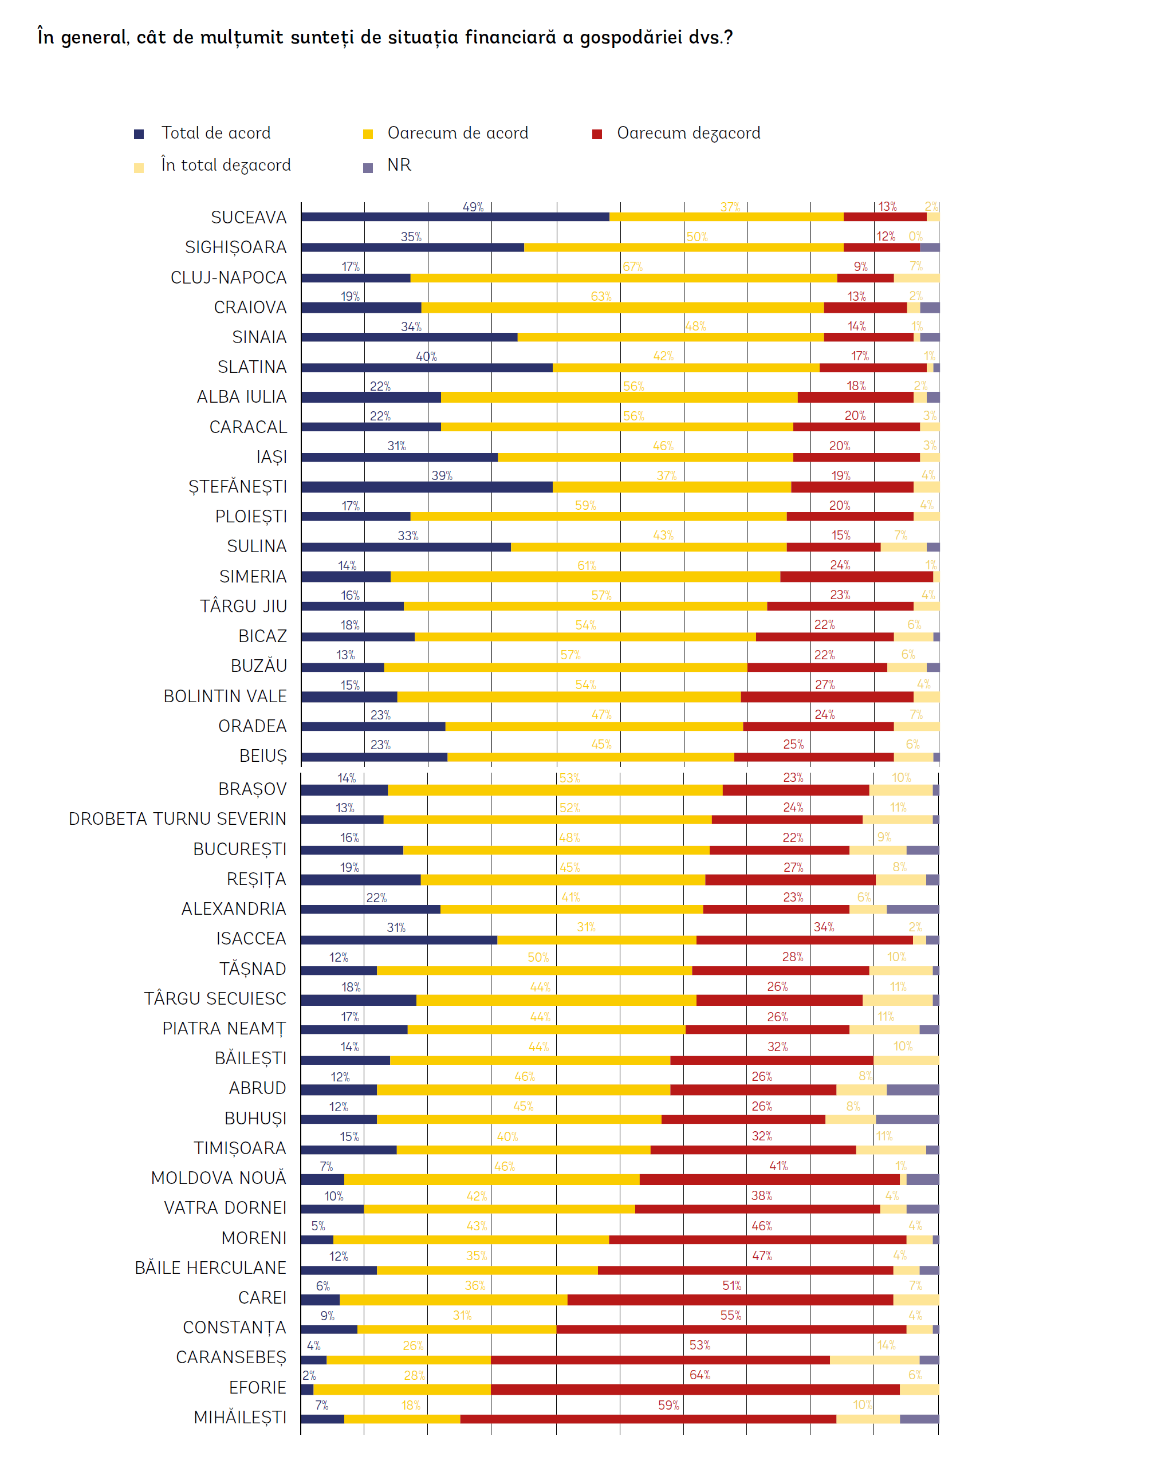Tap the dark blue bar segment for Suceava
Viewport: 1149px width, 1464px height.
(x=455, y=217)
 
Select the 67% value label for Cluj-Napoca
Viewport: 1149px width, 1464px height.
(x=632, y=267)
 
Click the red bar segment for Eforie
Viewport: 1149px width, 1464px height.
(x=695, y=1390)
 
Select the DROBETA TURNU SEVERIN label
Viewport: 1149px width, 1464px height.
(x=178, y=819)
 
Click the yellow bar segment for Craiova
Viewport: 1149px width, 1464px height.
(x=622, y=308)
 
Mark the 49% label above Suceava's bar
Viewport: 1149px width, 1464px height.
(x=473, y=207)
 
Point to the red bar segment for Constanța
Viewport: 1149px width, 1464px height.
(x=731, y=1329)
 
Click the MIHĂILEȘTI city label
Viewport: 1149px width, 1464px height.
(x=239, y=1418)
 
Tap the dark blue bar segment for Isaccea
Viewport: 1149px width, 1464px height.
(x=399, y=940)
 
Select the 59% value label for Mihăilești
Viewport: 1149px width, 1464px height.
(x=668, y=1406)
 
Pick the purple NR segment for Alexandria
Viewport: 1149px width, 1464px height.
(x=912, y=910)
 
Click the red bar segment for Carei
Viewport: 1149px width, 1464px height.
(x=730, y=1300)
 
